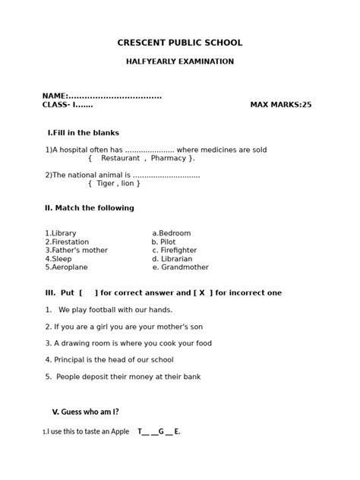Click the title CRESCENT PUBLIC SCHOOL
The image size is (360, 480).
[x=180, y=43]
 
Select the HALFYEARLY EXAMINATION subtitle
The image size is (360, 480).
[x=180, y=62]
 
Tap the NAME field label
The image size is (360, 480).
[x=55, y=96]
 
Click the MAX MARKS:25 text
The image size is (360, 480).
[x=280, y=105]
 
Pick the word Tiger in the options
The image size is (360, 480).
[x=106, y=183]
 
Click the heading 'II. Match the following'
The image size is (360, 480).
[x=90, y=208]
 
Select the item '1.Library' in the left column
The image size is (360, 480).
[x=61, y=233]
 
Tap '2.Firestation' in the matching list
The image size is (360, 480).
[x=67, y=242]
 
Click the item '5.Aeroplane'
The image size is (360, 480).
[x=66, y=267]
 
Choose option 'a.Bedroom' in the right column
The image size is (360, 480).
[x=172, y=233]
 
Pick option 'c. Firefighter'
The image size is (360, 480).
[x=174, y=250]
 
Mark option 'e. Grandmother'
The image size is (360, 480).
[x=180, y=267]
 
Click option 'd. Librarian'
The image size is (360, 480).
[x=172, y=259]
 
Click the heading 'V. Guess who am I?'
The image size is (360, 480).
[x=85, y=412]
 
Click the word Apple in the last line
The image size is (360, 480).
[x=120, y=431]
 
